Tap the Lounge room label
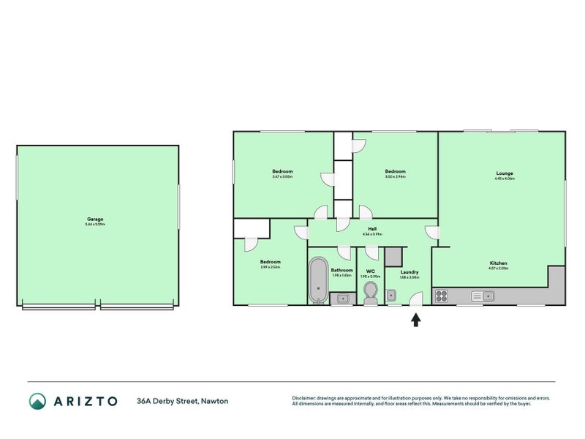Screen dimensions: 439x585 tap(504, 173)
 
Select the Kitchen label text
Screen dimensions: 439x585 tap(499, 263)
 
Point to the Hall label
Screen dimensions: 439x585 tap(372, 228)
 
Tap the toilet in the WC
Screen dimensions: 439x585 tap(370, 293)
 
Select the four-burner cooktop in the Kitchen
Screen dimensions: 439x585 tap(442, 296)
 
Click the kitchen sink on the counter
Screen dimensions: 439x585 tap(483, 296)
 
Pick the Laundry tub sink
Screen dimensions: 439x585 tap(391, 296)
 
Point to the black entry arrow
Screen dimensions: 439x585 tap(416, 319)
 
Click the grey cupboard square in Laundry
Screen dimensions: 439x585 tap(393, 256)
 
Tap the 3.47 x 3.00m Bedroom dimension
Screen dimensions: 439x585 tap(282, 177)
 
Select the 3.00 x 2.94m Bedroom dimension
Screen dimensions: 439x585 tap(395, 177)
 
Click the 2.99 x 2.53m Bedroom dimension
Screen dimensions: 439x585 tap(271, 267)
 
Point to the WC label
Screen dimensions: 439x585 tap(370, 271)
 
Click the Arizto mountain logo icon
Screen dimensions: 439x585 tap(37, 401)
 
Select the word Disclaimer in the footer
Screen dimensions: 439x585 tap(306, 398)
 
